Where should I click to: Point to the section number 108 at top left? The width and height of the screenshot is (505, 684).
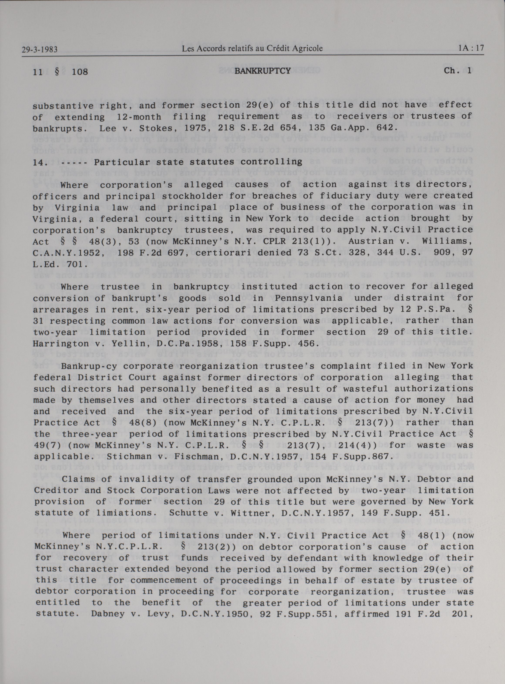pos(80,72)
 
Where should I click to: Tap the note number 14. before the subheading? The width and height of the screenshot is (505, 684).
pos(40,162)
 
